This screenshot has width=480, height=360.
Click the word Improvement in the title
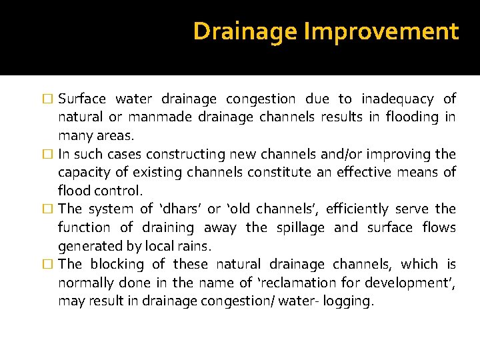click(381, 31)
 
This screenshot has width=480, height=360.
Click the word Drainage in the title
click(246, 31)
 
